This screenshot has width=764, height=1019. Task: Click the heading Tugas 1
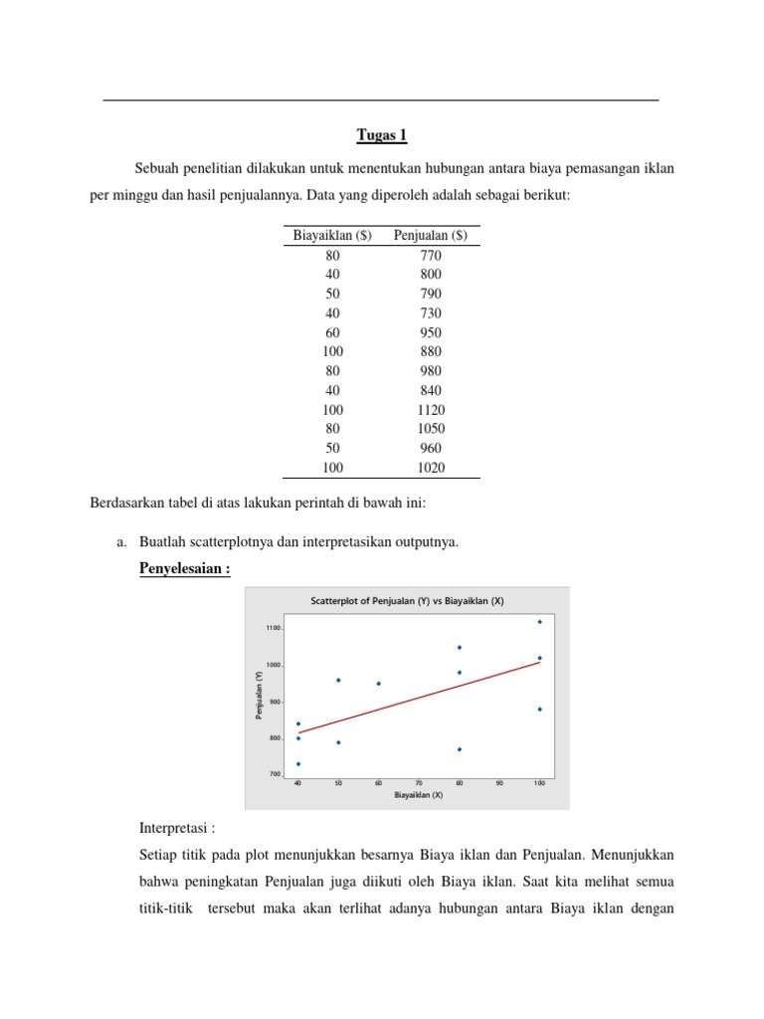381,135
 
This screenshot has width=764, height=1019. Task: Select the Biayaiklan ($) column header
332,235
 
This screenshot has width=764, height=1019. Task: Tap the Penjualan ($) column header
431,235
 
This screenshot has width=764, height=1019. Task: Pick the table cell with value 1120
431,410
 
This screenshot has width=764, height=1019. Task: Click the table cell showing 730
431,313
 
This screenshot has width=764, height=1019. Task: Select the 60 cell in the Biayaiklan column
332,332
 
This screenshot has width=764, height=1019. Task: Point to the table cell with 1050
431,429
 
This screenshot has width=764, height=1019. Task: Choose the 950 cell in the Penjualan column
431,332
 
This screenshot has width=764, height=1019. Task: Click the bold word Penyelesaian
184,568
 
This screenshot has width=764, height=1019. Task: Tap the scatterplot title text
408,601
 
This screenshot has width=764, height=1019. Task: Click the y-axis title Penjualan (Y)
259,695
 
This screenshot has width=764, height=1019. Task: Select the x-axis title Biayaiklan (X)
419,795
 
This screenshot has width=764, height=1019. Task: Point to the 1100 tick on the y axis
273,628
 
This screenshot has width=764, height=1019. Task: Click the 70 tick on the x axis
419,783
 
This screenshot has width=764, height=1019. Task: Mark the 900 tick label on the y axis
275,702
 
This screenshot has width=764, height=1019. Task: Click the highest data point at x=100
539,622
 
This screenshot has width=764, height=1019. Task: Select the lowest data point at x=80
459,749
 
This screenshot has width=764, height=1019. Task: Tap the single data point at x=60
379,684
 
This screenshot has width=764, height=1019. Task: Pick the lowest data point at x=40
298,764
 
